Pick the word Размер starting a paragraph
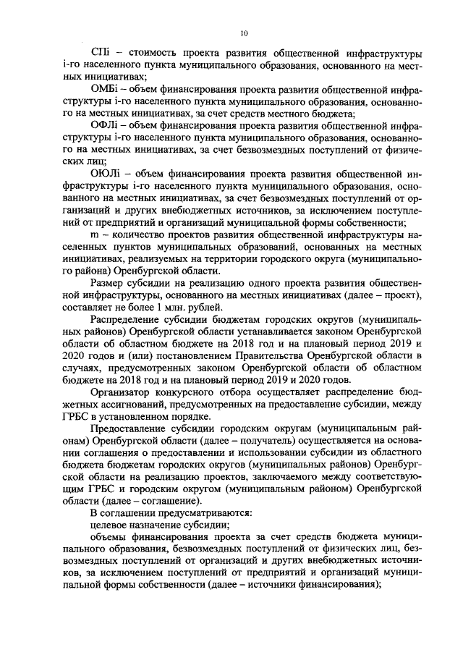106,281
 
